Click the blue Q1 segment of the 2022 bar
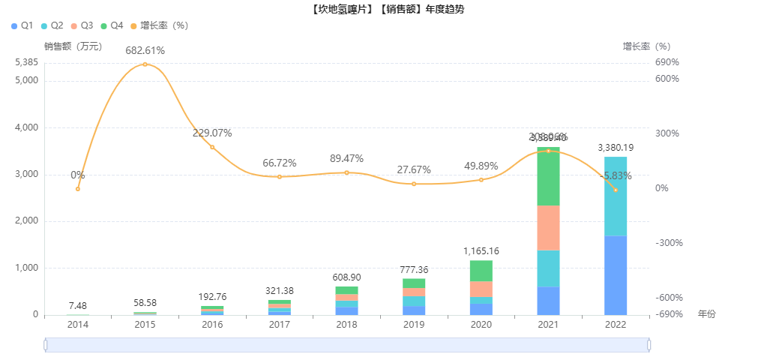pyautogui.click(x=616, y=275)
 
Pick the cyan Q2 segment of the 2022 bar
pyautogui.click(x=616, y=196)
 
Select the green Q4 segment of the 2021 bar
pyautogui.click(x=548, y=177)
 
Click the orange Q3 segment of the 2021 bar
pyautogui.click(x=548, y=227)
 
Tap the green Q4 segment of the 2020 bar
pyautogui.click(x=481, y=271)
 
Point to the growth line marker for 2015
pyautogui.click(x=145, y=64)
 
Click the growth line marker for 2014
pyautogui.click(x=78, y=188)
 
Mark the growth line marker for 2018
pyautogui.click(x=346, y=172)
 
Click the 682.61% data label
pyautogui.click(x=145, y=50)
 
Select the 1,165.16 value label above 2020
pyautogui.click(x=481, y=250)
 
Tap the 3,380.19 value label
pyautogui.click(x=616, y=148)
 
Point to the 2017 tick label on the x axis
pyautogui.click(x=280, y=325)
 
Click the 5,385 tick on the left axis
pyautogui.click(x=26, y=62)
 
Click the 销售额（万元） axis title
pyautogui.click(x=73, y=46)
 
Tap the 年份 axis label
pyautogui.click(x=706, y=313)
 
